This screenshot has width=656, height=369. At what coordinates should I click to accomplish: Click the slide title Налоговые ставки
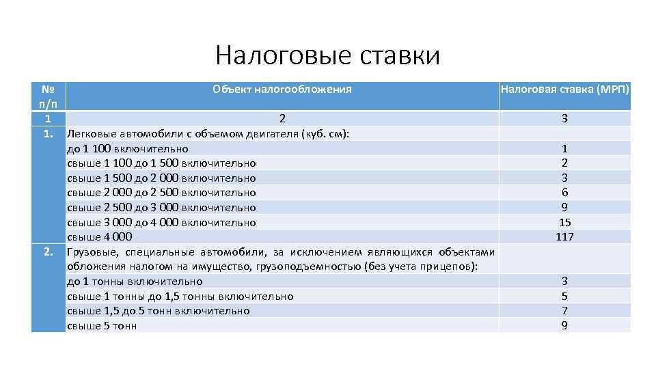point(327,55)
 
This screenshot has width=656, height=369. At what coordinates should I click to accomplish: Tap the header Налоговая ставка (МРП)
point(564,89)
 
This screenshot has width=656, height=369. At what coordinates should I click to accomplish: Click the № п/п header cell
point(48,96)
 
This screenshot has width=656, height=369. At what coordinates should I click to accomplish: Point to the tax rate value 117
point(564,237)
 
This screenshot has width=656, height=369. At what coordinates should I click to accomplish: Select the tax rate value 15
point(564,222)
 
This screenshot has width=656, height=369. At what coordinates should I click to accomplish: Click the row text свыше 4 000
point(99,237)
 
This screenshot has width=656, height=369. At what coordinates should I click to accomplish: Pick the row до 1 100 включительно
point(128,148)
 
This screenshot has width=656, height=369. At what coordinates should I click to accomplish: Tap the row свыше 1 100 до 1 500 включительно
point(161,163)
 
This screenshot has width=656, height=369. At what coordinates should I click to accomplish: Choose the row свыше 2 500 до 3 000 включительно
point(161,207)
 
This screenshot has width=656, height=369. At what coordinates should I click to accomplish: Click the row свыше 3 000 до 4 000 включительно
point(161,222)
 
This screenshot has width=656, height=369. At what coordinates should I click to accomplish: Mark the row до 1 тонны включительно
point(135,281)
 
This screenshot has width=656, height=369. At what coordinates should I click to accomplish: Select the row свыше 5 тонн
point(102,326)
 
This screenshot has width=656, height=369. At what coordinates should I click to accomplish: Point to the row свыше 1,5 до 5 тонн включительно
point(158,311)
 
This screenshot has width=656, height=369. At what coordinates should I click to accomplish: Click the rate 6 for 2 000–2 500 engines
point(564,193)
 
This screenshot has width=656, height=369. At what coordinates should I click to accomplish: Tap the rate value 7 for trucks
point(564,311)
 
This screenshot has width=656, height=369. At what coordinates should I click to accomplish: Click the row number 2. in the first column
point(49,251)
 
